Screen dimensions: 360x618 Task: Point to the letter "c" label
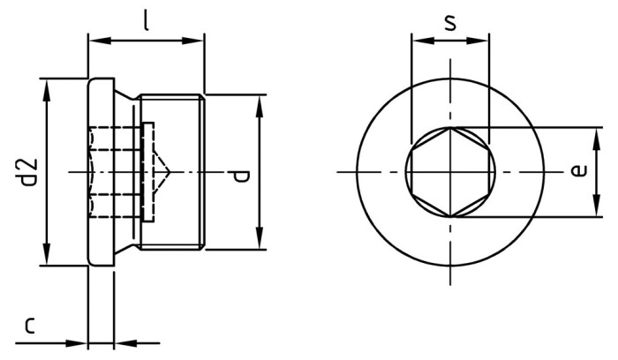click(29, 326)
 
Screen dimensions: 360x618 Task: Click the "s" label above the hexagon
click(450, 21)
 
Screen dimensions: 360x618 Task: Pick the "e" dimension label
click(578, 170)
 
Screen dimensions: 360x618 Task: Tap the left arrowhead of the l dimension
click(94, 40)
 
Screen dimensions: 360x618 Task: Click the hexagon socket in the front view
click(450, 171)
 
